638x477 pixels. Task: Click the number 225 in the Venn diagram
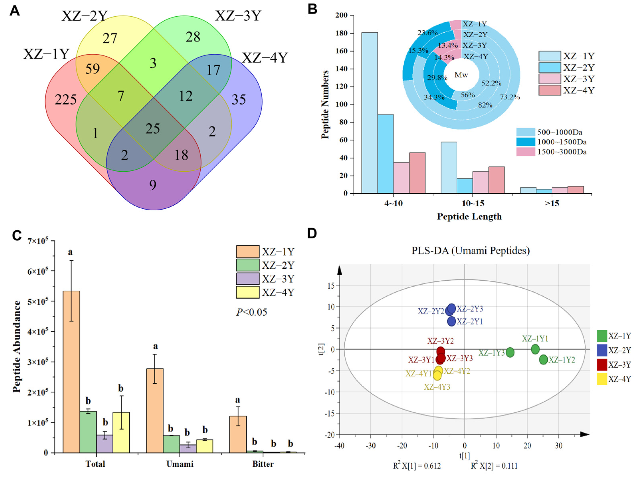(x=66, y=100)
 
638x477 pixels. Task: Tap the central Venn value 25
(x=153, y=128)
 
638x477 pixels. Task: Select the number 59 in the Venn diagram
(x=92, y=69)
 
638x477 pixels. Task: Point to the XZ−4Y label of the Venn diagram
(x=264, y=58)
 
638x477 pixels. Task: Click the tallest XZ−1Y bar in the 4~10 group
(x=369, y=113)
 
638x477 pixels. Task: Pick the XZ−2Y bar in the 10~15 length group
(x=465, y=186)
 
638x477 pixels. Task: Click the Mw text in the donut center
(x=461, y=75)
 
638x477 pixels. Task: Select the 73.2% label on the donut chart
(x=510, y=97)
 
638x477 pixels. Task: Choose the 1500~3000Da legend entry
(x=562, y=152)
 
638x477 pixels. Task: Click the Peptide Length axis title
(x=469, y=216)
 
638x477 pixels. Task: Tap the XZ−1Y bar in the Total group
(x=71, y=372)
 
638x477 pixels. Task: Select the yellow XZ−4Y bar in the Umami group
(x=205, y=446)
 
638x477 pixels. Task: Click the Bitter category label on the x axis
(x=263, y=464)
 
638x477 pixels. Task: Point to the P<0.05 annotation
(x=251, y=312)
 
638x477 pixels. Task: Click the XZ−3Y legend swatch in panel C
(x=247, y=279)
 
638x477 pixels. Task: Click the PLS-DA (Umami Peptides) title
(x=470, y=250)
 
